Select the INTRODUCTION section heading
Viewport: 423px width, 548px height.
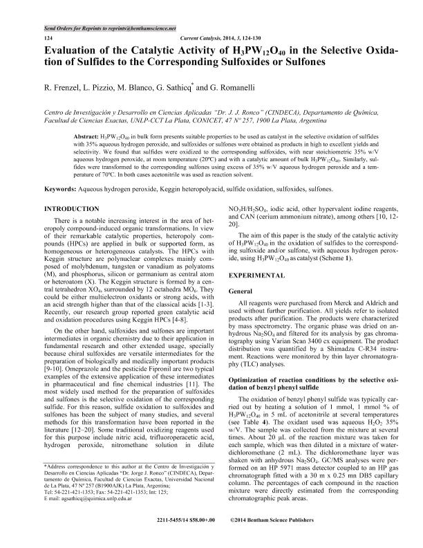coord(74,208)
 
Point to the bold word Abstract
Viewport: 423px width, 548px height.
coord(88,137)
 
